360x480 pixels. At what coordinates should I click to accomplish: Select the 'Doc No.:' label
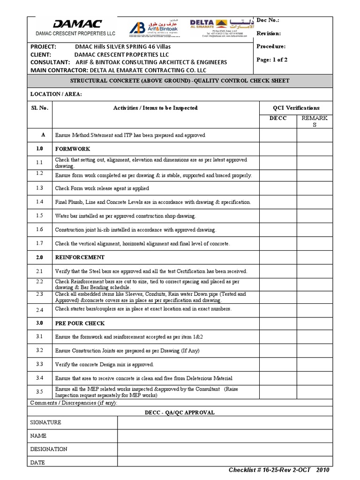pyautogui.click(x=270, y=21)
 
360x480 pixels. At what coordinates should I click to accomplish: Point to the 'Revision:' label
pyautogui.click(x=269, y=34)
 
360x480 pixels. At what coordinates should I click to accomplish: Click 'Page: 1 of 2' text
pyautogui.click(x=272, y=60)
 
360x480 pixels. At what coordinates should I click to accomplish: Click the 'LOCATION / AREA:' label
pyautogui.click(x=56, y=94)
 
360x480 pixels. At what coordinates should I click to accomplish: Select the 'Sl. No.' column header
pyautogui.click(x=39, y=108)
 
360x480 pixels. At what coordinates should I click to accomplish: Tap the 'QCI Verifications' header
pyautogui.click(x=296, y=108)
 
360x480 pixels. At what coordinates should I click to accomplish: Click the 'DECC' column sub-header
pyautogui.click(x=277, y=118)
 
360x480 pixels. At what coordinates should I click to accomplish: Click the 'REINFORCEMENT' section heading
pyautogui.click(x=80, y=257)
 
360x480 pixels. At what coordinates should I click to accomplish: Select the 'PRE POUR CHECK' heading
pyautogui.click(x=80, y=323)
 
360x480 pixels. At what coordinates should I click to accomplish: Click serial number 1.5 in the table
pyautogui.click(x=39, y=216)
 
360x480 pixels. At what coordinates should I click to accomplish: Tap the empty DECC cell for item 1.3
pyautogui.click(x=278, y=188)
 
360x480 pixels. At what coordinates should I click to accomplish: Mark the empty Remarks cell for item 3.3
pyautogui.click(x=315, y=364)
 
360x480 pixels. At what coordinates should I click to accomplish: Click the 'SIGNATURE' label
pyautogui.click(x=45, y=422)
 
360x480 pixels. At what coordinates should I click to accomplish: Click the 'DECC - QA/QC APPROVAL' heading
pyautogui.click(x=180, y=412)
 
